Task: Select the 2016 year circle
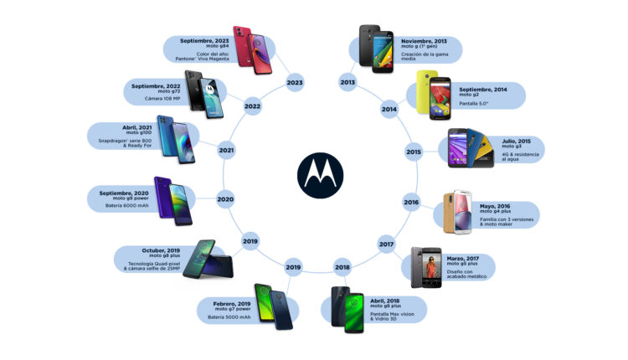pos(411,203)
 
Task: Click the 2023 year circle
pos(293,82)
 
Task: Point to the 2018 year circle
pos(342,267)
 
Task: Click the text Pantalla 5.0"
pos(475,104)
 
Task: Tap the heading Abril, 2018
pos(386,299)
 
